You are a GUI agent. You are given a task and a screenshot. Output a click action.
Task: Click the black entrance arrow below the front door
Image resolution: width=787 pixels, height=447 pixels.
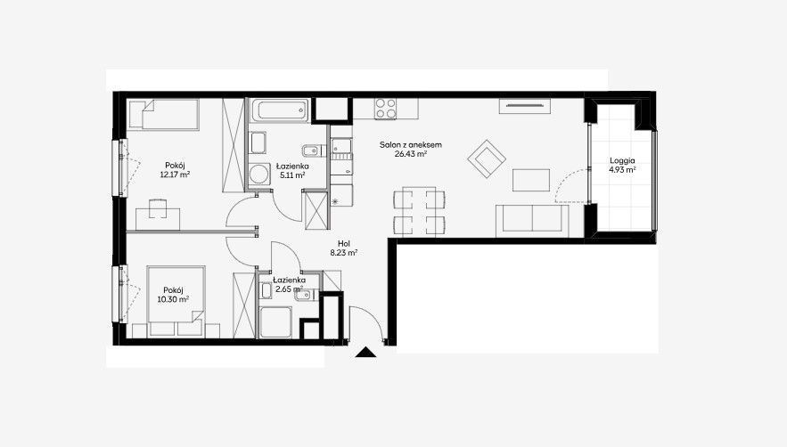(x=365, y=353)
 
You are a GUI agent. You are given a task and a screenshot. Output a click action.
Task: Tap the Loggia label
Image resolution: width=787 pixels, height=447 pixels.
(x=622, y=160)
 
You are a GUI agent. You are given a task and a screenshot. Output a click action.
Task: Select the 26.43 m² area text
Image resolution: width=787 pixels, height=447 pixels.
(x=411, y=154)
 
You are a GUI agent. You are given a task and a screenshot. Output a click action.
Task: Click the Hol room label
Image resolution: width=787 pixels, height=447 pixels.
(x=344, y=244)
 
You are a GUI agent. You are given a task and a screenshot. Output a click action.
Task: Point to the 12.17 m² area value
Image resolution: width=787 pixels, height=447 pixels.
(x=175, y=175)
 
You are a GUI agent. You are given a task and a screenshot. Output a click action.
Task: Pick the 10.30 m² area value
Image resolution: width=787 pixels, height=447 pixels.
(x=173, y=299)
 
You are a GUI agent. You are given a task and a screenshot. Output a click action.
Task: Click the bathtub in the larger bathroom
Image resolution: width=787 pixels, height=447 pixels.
(x=280, y=110)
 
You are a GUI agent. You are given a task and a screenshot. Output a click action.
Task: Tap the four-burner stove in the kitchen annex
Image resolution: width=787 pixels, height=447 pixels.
(x=385, y=109)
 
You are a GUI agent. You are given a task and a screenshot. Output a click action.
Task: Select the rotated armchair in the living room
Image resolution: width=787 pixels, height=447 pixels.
(x=486, y=158)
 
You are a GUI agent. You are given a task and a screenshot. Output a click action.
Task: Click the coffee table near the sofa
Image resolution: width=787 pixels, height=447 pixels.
(x=531, y=180)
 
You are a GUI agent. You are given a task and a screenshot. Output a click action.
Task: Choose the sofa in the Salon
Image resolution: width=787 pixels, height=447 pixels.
(x=532, y=221)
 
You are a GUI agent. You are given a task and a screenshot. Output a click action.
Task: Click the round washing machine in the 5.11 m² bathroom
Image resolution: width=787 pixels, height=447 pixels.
(x=259, y=175)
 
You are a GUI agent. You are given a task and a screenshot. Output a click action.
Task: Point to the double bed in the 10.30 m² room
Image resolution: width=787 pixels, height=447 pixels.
(x=176, y=296)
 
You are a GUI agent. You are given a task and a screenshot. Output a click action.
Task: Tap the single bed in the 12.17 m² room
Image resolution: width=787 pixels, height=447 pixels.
(x=164, y=114)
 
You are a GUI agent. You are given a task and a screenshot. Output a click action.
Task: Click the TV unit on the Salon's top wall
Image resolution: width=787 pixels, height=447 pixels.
(x=524, y=106)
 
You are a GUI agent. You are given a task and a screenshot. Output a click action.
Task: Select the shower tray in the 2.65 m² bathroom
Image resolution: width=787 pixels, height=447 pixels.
(x=275, y=321)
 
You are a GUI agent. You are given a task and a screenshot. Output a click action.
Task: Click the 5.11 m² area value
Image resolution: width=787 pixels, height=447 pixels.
(x=292, y=175)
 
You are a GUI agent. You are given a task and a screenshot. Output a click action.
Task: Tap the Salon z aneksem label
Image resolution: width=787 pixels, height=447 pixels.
(x=411, y=145)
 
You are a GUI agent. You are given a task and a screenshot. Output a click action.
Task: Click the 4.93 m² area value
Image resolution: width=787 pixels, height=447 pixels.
(x=622, y=169)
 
